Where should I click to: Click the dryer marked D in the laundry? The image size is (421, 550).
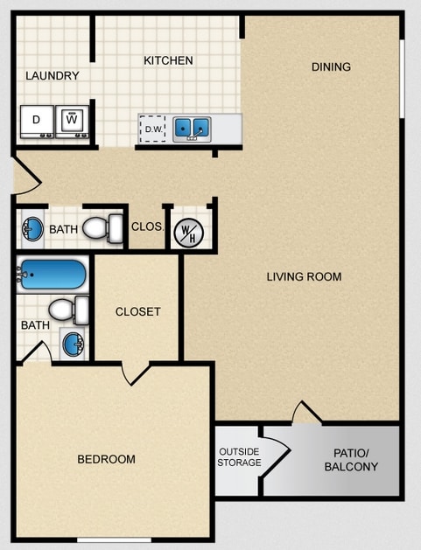[36, 121]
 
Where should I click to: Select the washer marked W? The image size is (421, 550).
[73, 121]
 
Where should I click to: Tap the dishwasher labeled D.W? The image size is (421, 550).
[153, 129]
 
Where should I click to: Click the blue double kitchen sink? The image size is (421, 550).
[192, 129]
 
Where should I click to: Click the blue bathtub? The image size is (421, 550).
[53, 275]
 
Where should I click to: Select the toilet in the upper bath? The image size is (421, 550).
[104, 229]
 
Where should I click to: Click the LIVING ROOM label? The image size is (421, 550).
[304, 277]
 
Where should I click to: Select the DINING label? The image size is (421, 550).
[331, 66]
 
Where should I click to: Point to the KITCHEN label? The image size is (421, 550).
[168, 60]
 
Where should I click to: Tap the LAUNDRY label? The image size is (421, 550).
[53, 76]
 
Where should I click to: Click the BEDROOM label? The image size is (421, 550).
[106, 459]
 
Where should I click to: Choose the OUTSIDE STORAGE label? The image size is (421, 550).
[239, 456]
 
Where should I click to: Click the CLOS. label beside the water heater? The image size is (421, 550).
[147, 226]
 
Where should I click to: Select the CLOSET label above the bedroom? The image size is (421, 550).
[137, 311]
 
